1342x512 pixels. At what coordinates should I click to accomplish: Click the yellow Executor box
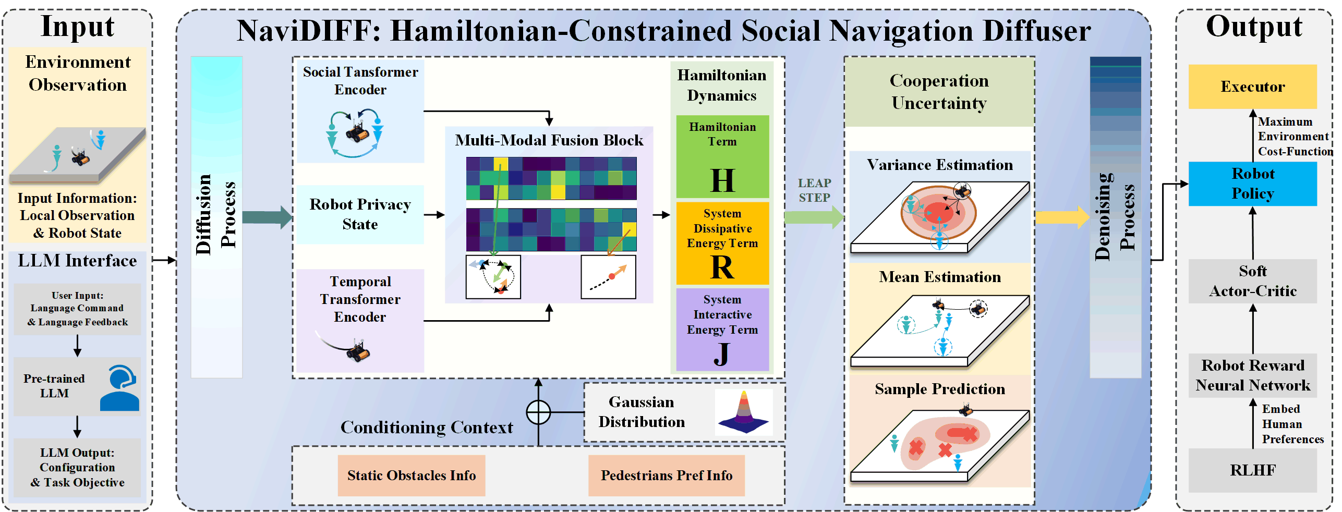1252,87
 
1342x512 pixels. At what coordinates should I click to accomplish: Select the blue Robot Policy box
1252,184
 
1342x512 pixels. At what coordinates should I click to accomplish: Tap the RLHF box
1252,470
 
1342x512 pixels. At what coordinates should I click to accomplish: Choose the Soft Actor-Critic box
1252,281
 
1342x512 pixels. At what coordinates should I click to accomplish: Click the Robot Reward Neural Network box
1252,375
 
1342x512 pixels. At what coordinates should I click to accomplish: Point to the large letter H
722,180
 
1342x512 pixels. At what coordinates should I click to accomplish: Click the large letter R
722,267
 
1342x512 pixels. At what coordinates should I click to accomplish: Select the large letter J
722,354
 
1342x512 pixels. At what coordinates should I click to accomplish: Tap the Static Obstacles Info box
411,476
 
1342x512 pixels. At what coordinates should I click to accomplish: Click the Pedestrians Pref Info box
666,476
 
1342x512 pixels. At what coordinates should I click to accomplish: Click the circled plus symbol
538,412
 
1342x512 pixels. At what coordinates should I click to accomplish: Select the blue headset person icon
120,388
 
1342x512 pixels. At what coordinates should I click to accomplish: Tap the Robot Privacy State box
360,214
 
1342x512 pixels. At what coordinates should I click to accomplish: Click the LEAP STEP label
814,190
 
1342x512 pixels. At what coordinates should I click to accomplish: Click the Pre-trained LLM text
54,386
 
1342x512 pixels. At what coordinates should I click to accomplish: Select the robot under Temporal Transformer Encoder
358,351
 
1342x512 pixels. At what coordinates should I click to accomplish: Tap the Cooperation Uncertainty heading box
939,92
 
